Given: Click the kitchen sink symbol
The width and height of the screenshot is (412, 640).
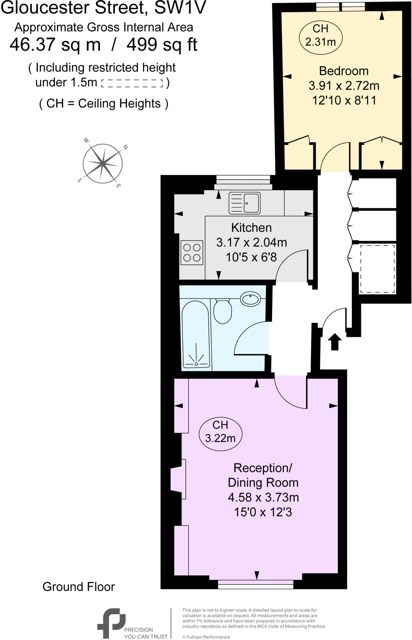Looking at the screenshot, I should (x=244, y=203).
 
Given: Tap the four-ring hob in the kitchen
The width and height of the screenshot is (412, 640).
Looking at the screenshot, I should (x=192, y=252).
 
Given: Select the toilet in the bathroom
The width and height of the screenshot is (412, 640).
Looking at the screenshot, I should (x=223, y=312).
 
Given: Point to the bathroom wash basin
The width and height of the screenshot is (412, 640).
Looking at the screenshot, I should (x=250, y=299).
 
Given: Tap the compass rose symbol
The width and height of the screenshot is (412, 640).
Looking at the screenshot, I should (x=103, y=163).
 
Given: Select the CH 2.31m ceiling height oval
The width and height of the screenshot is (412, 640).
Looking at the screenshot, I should (x=321, y=35).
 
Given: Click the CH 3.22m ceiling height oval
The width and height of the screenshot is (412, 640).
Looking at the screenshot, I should (x=220, y=432).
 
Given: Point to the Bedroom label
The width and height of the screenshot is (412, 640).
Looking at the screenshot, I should (x=344, y=71).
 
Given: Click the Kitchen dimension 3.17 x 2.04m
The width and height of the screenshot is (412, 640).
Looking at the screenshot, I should (x=251, y=242).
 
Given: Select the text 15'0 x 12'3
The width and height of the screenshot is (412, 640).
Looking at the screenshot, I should (x=263, y=512).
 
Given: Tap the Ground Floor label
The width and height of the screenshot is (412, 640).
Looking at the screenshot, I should (x=79, y=587).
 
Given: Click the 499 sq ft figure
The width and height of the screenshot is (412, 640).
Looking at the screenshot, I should (x=162, y=45).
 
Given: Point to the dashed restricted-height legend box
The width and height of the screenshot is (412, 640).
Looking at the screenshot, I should (x=132, y=83).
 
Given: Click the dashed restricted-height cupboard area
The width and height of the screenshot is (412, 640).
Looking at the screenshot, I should (x=377, y=269).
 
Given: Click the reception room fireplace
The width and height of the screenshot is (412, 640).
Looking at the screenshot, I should (x=178, y=479).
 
